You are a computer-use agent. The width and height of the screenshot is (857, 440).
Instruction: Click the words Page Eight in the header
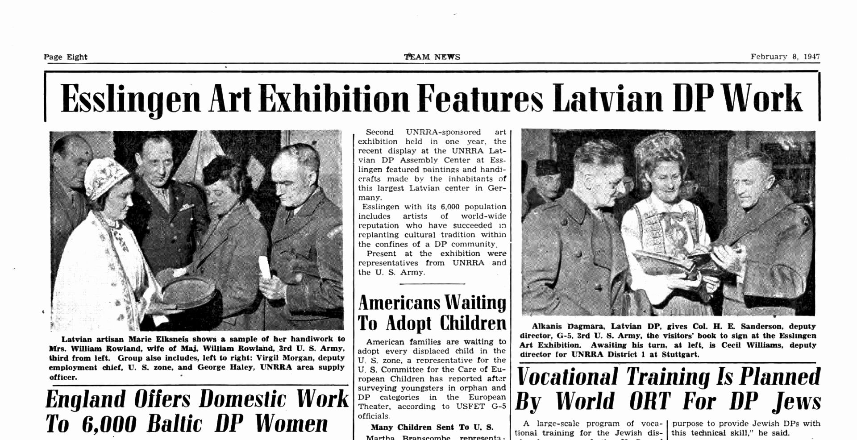point(65,57)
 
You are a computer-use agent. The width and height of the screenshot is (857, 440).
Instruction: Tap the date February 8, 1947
point(785,57)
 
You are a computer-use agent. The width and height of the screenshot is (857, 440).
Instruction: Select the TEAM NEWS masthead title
point(432,57)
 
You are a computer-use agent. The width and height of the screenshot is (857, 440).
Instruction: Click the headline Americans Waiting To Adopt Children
point(432,313)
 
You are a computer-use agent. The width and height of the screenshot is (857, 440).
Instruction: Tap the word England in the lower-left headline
point(85,399)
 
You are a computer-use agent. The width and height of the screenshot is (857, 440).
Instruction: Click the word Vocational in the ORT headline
point(567,377)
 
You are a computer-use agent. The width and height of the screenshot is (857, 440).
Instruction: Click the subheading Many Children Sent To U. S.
point(432,427)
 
